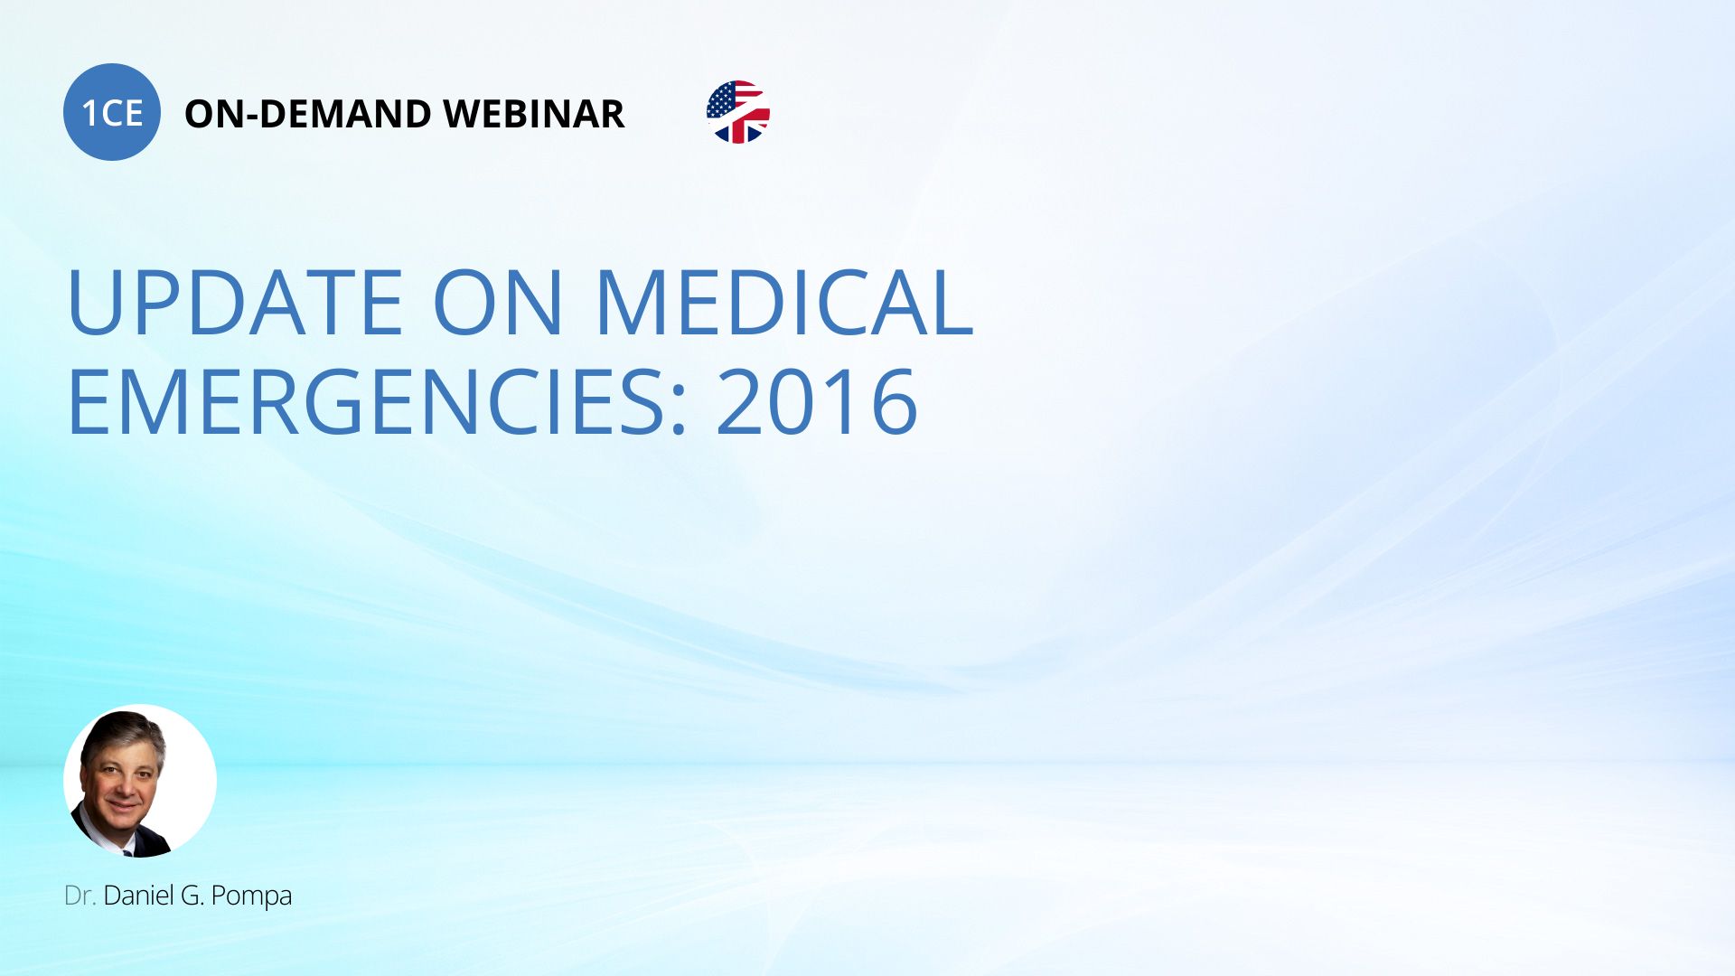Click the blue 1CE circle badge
(112, 112)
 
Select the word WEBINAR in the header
(533, 114)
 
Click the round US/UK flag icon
(738, 112)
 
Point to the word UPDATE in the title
(235, 303)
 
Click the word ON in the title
(499, 303)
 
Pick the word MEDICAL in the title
(784, 303)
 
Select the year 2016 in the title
(817, 401)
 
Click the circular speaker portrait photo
(140, 781)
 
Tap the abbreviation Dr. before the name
(80, 896)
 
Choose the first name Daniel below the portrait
(138, 896)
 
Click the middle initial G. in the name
(192, 896)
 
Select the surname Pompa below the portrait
(251, 896)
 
